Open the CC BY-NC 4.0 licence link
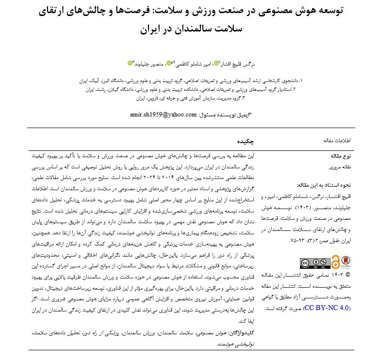click(326, 309)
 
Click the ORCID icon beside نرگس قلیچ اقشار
click(216, 63)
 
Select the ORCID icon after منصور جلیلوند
click(130, 63)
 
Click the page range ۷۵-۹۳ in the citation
click(297, 241)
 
